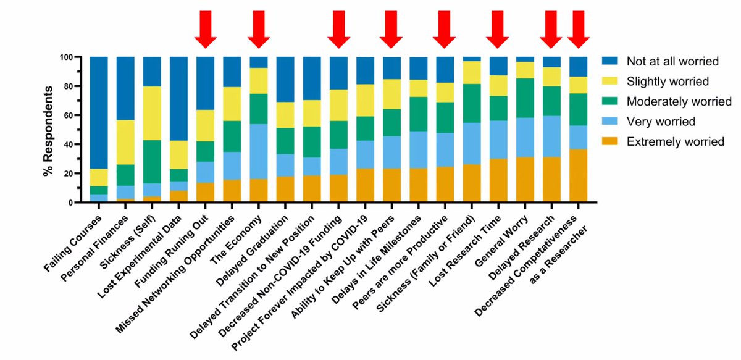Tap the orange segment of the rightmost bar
[578, 176]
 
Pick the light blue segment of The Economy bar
[259, 151]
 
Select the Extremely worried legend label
[676, 142]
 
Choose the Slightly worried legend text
[666, 81]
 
